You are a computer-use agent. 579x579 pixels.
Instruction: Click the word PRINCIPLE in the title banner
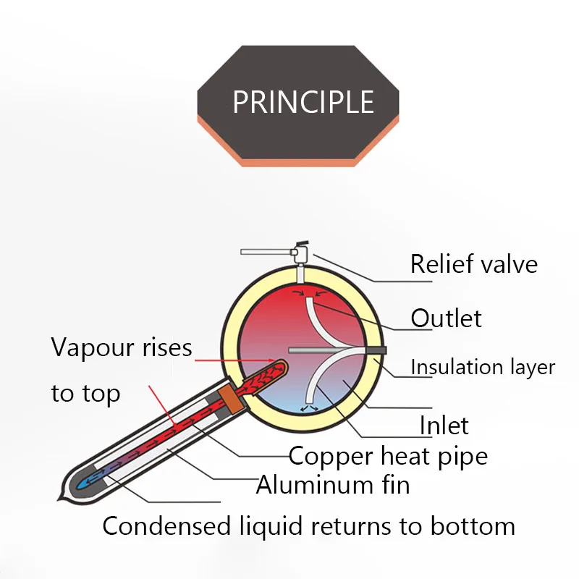pos(303,102)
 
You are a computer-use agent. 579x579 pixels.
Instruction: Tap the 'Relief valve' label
pos(473,263)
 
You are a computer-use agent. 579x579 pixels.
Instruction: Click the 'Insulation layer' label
pos(482,367)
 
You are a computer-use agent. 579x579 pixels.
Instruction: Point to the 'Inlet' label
pos(444,425)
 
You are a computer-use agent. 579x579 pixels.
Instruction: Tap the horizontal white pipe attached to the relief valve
pos(265,253)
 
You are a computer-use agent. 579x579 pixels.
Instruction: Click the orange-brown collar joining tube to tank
pos(229,397)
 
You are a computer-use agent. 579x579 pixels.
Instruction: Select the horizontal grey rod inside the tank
pos(326,350)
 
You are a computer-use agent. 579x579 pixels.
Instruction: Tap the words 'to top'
pos(85,394)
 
